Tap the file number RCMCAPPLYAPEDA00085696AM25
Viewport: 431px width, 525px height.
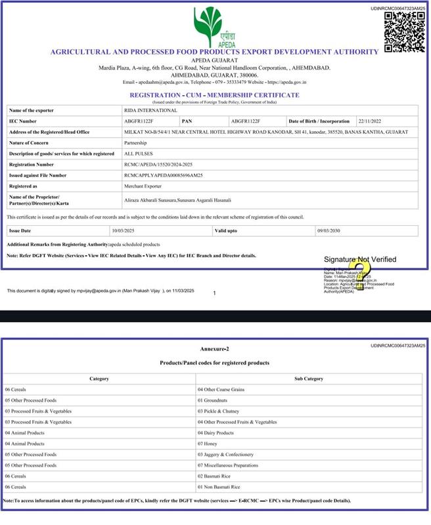pyautogui.click(x=163, y=175)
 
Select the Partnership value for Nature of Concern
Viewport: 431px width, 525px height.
pyautogui.click(x=135, y=142)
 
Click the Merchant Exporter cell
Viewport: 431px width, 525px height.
pyautogui.click(x=143, y=186)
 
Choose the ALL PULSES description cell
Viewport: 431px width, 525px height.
pyautogui.click(x=138, y=154)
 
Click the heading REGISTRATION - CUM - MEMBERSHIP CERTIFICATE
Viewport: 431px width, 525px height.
pyautogui.click(x=215, y=95)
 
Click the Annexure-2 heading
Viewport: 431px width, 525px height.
pyautogui.click(x=215, y=348)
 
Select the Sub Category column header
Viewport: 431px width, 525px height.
pyautogui.click(x=309, y=379)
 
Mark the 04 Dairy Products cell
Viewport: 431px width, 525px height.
pyautogui.click(x=215, y=433)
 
